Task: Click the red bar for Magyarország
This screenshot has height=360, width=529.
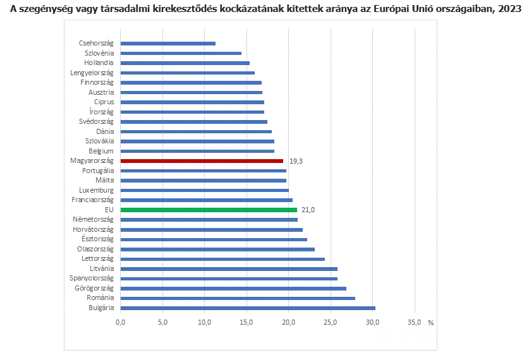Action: (x=202, y=161)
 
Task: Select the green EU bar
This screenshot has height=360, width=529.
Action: (x=209, y=210)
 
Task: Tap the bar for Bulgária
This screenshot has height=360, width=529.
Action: (x=248, y=308)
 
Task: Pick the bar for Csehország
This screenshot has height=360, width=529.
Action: (x=167, y=44)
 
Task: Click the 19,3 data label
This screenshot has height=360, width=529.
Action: (x=296, y=161)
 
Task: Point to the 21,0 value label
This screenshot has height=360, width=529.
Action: (x=308, y=210)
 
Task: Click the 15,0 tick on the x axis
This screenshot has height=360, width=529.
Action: (x=246, y=323)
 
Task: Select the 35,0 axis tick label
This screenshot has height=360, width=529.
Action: (x=415, y=323)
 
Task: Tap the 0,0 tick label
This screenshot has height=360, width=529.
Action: (x=121, y=323)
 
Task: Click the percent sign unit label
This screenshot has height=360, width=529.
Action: (x=430, y=323)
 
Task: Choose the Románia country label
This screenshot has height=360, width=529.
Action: (x=100, y=297)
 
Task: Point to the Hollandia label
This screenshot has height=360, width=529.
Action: (x=99, y=63)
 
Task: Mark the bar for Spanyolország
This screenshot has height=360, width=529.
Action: (x=229, y=279)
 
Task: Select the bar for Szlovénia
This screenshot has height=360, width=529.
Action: (x=181, y=53)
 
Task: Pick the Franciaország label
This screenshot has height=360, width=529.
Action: (x=93, y=200)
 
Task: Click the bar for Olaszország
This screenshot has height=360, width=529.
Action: (x=217, y=249)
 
